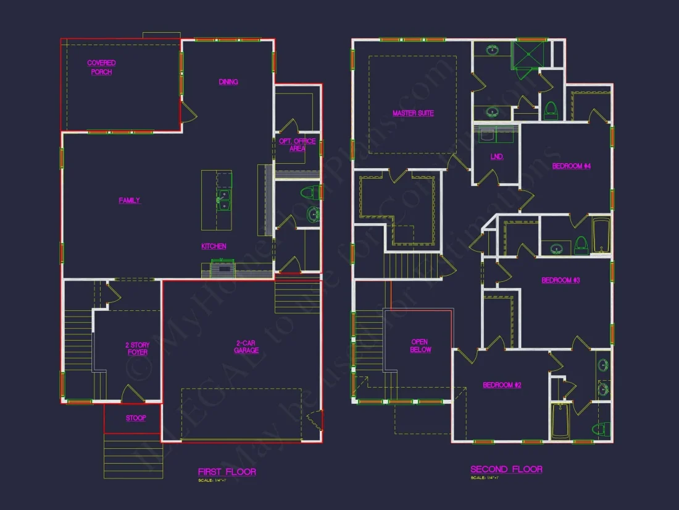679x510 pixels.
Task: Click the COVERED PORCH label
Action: click(101, 67)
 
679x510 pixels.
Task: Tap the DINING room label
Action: click(228, 82)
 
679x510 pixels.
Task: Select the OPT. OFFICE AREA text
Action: click(297, 145)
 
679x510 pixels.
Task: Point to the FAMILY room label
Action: click(130, 200)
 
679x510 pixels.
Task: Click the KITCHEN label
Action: click(214, 246)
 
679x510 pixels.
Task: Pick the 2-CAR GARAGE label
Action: click(246, 347)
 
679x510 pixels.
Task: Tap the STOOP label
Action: click(136, 419)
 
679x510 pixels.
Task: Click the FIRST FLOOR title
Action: click(227, 472)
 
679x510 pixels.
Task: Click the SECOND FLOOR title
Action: click(506, 470)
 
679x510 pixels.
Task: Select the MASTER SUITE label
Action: click(413, 113)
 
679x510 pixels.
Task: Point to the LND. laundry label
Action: click(497, 157)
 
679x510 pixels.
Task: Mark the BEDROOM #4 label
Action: click(572, 166)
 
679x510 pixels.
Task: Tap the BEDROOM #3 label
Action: click(560, 281)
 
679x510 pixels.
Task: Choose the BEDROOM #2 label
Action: click(502, 385)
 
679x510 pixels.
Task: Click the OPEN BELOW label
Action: click(420, 346)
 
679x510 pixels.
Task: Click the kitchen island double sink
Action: click(223, 200)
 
